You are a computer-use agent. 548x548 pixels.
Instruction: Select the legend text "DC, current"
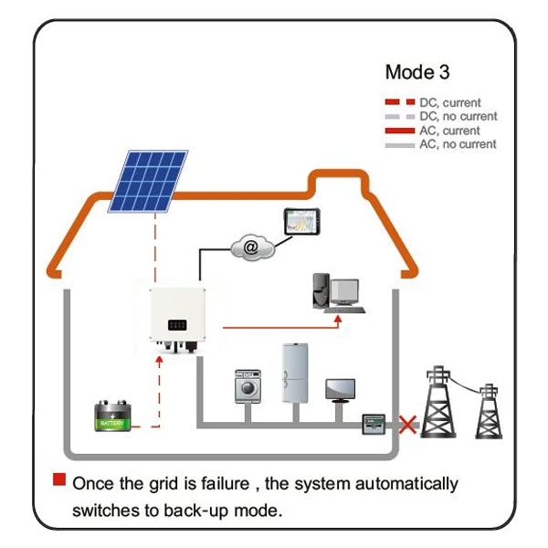point(449,103)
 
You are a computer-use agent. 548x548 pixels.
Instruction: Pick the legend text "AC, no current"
point(458,144)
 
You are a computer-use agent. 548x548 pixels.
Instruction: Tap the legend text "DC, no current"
point(458,117)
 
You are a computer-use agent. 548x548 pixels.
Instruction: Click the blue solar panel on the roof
point(149,180)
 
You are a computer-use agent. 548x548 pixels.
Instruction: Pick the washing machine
point(248,386)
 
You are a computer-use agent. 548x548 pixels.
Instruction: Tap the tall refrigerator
point(296,373)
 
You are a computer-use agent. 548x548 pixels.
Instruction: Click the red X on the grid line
point(405,425)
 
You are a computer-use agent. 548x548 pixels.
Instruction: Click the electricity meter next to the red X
point(374,425)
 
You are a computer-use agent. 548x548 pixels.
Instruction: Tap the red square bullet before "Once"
point(59,479)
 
